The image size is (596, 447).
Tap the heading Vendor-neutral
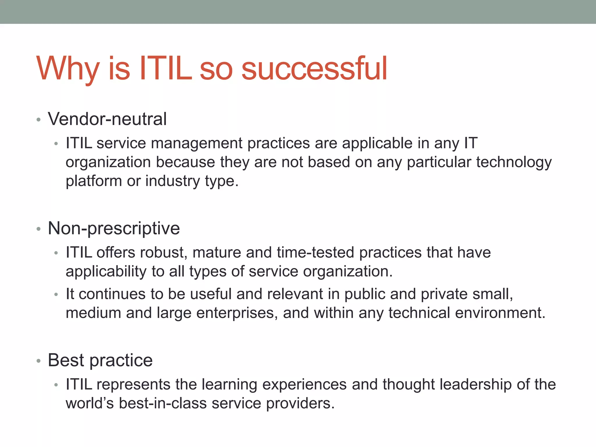(x=107, y=119)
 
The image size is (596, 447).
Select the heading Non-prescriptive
(x=114, y=228)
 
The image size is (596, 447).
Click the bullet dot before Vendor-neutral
(x=38, y=120)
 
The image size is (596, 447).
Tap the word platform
(x=94, y=181)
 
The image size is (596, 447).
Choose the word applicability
(x=106, y=271)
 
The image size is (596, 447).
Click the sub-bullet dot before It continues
(x=56, y=295)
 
